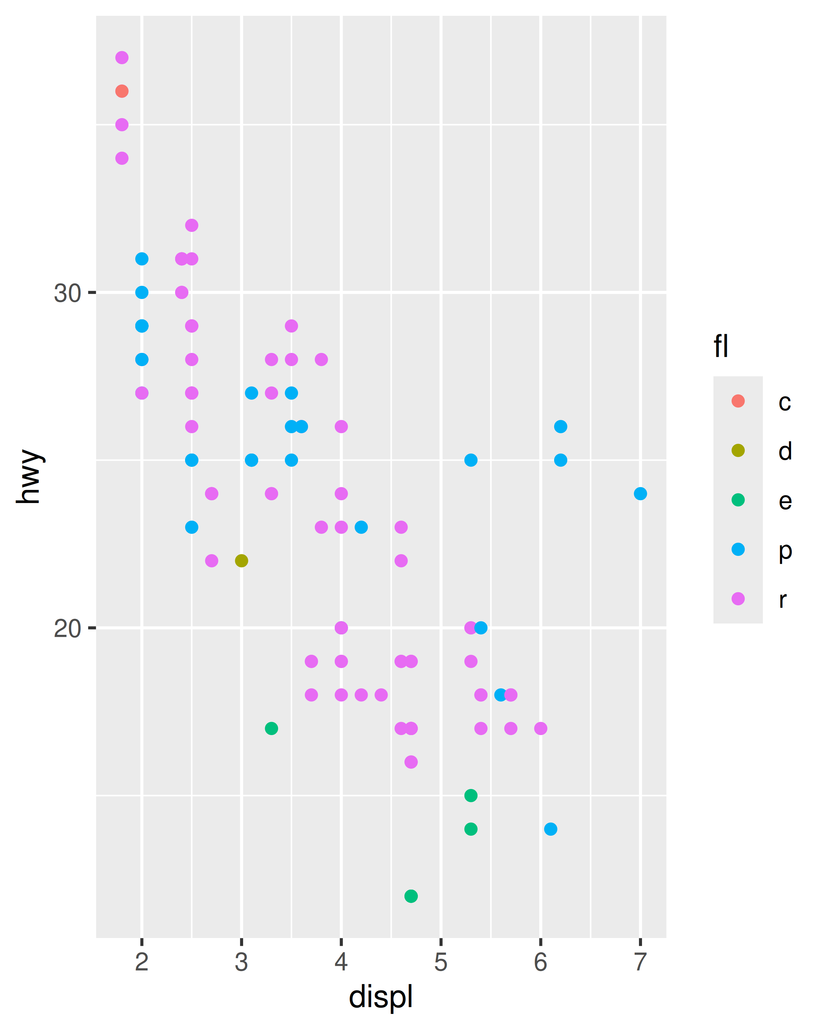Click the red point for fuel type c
pyautogui.click(x=122, y=91)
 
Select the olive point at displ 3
pyautogui.click(x=242, y=560)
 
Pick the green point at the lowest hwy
pyautogui.click(x=411, y=896)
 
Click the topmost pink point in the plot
pyautogui.click(x=122, y=57)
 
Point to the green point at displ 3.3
pyautogui.click(x=271, y=728)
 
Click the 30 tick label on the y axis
pyautogui.click(x=67, y=293)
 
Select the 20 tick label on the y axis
pyautogui.click(x=67, y=628)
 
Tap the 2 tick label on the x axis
pyautogui.click(x=142, y=961)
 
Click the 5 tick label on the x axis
pyautogui.click(x=441, y=961)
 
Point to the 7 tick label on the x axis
pyautogui.click(x=640, y=961)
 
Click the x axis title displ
pyautogui.click(x=381, y=997)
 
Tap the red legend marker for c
pyautogui.click(x=738, y=401)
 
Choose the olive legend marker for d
pyautogui.click(x=738, y=450)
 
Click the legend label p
pyautogui.click(x=785, y=550)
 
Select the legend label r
pyautogui.click(x=783, y=599)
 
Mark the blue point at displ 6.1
pyautogui.click(x=550, y=829)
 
